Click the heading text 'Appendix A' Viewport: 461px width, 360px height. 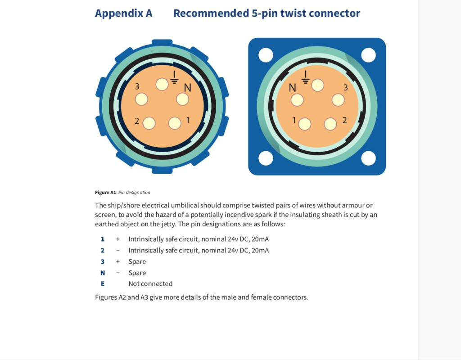(x=123, y=13)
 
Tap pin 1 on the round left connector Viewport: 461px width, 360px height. (x=175, y=123)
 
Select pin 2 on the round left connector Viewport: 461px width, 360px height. (x=149, y=123)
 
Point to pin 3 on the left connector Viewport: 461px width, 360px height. (x=141, y=99)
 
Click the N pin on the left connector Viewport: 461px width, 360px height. (x=182, y=99)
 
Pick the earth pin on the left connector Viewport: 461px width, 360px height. (x=162, y=84)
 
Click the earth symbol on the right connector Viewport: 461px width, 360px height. (x=306, y=77)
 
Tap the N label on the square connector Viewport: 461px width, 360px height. (x=293, y=88)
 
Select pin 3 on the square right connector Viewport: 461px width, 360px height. (x=338, y=99)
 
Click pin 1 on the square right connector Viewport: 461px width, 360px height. (x=305, y=124)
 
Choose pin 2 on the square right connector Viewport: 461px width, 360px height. (x=330, y=124)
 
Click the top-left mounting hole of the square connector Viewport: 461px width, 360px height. (x=266, y=55)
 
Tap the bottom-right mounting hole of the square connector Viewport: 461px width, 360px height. (x=368, y=158)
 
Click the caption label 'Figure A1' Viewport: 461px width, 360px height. (x=105, y=193)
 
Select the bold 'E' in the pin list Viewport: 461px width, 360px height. (x=103, y=284)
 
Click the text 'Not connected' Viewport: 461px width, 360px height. (x=150, y=284)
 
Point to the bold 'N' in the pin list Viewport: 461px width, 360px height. (x=103, y=273)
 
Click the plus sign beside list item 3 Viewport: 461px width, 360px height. (x=118, y=261)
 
